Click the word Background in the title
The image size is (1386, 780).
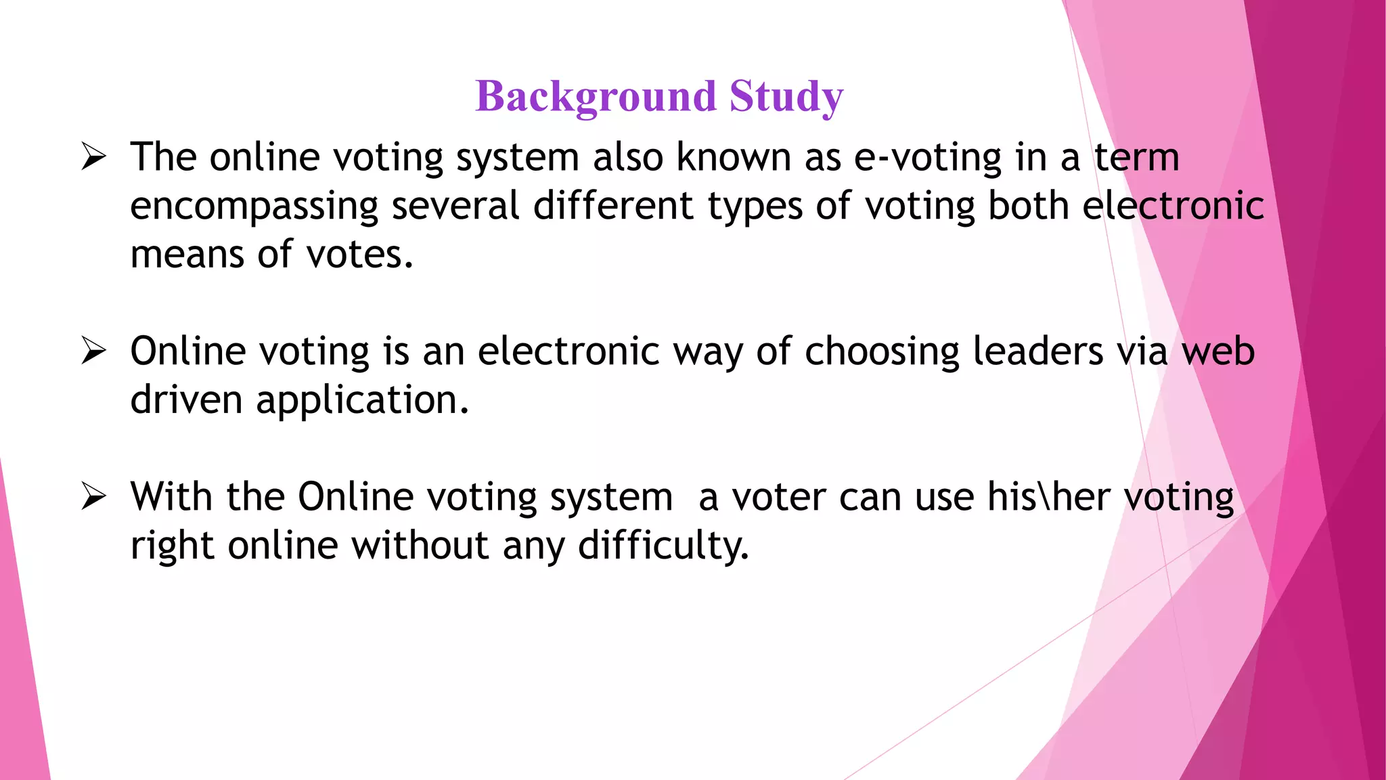coord(595,97)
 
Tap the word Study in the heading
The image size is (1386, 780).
coord(786,97)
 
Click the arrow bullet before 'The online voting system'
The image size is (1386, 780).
coord(93,157)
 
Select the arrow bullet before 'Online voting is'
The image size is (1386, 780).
coord(93,351)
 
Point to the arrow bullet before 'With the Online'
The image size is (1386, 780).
coord(93,497)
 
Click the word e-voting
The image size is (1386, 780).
coord(927,158)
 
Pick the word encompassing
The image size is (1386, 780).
coord(254,207)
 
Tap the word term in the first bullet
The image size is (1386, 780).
coord(1136,158)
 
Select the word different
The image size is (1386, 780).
coord(613,206)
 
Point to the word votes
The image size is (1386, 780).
coord(359,255)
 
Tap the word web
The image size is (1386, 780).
coord(1218,351)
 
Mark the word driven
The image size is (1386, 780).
coord(186,400)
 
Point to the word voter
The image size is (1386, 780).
coord(778,498)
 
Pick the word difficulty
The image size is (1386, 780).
coord(663,546)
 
